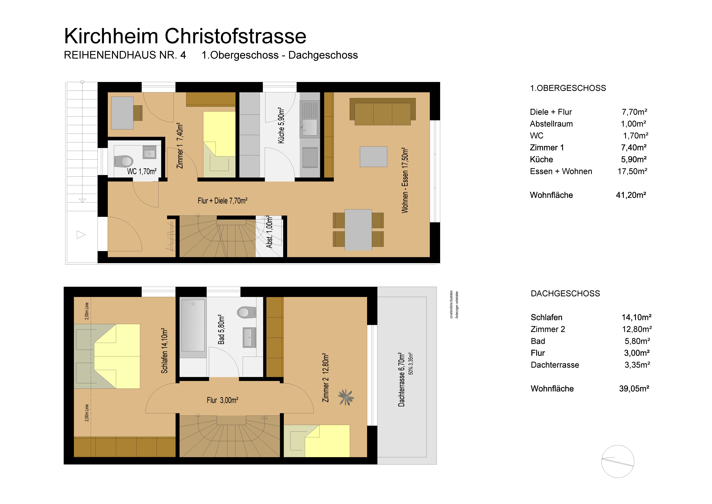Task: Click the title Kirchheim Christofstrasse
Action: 185,36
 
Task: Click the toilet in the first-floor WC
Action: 124,161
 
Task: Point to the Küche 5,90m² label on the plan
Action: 281,125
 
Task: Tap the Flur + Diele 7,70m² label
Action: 222,201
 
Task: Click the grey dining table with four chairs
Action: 358,230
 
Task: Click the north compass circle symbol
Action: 617,461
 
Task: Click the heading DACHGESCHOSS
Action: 565,293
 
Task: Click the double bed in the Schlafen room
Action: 107,356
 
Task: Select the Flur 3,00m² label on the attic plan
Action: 222,400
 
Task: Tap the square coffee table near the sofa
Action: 373,157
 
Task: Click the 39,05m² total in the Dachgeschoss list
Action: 634,389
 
